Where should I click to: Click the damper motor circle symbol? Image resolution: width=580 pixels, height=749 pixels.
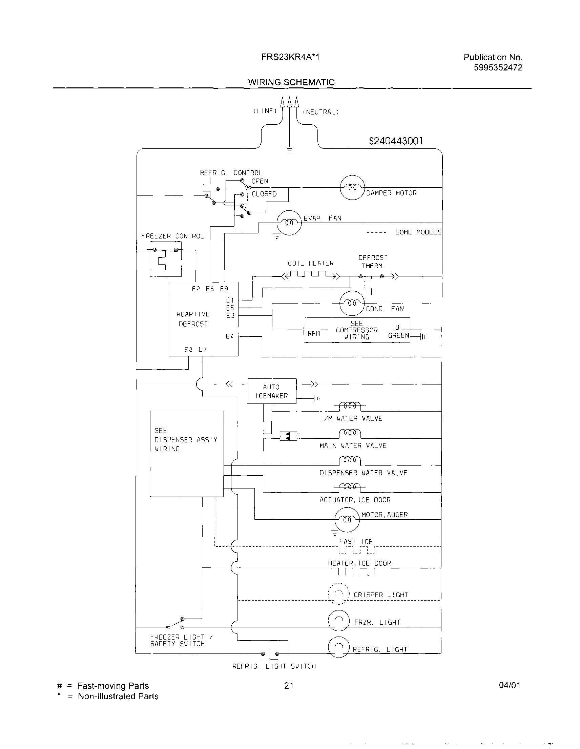tap(352, 188)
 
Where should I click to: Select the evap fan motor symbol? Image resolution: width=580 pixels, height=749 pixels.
tap(289, 223)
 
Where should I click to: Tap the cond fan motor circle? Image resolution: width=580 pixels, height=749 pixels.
tap(352, 303)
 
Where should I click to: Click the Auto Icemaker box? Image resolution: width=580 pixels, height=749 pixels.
tap(271, 391)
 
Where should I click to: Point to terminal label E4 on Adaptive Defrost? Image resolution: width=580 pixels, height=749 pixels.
tap(229, 336)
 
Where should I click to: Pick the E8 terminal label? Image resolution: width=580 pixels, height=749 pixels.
tap(188, 350)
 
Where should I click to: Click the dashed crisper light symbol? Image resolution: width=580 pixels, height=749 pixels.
tap(338, 594)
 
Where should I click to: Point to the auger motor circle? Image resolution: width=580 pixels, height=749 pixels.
tap(347, 520)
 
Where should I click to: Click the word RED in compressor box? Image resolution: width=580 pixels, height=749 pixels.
tap(313, 334)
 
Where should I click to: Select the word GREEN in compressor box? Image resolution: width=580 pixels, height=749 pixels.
tap(398, 336)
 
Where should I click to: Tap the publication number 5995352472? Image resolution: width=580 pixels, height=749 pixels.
tap(498, 67)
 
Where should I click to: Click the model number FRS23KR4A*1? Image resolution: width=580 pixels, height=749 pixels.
tap(290, 57)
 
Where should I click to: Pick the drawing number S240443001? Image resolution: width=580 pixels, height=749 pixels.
tap(396, 141)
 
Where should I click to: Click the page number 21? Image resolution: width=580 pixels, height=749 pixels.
tap(289, 685)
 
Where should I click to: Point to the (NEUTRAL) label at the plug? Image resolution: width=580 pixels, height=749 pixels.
tap(321, 112)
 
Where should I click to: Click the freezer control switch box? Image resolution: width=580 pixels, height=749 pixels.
tap(166, 259)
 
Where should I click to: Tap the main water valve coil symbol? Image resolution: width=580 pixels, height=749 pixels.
tap(350, 434)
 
